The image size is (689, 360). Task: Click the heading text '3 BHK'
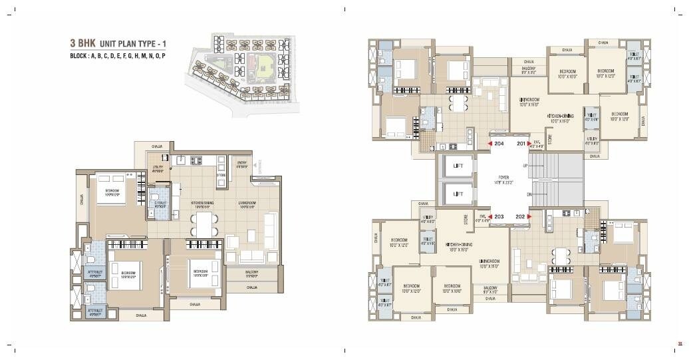pos(82,43)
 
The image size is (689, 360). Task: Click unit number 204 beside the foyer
pos(499,143)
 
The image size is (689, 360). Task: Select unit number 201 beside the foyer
pos(520,143)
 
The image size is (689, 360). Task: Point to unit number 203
pos(499,217)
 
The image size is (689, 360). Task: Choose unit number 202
pos(520,217)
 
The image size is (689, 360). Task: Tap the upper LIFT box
pos(458,166)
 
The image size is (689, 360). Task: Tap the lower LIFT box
pos(458,194)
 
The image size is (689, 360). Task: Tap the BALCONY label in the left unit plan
pos(251,273)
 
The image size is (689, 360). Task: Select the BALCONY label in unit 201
pos(529,69)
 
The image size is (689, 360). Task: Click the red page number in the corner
pos(680,343)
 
